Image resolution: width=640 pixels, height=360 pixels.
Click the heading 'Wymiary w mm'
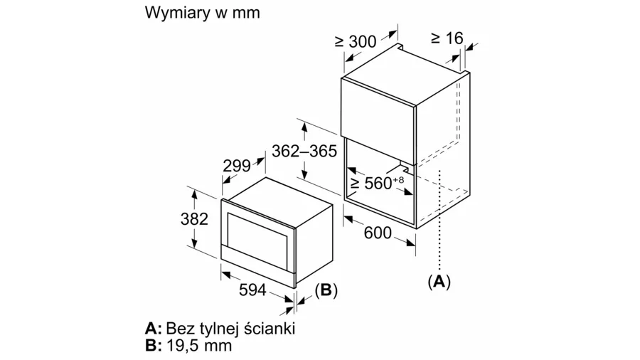[x=201, y=13]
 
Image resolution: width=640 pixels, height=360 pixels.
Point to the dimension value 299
[x=237, y=166]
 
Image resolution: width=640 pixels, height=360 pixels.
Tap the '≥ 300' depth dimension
[x=355, y=42]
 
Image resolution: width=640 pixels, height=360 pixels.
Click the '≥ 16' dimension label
[x=447, y=38]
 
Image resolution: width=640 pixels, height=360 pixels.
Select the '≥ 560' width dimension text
[x=374, y=184]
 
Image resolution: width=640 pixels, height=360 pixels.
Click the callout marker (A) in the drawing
[x=439, y=282]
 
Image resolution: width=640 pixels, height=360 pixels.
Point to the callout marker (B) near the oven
[x=326, y=290]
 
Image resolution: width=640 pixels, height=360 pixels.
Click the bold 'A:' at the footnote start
[x=154, y=329]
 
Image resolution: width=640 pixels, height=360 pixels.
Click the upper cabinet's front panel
[x=377, y=107]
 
